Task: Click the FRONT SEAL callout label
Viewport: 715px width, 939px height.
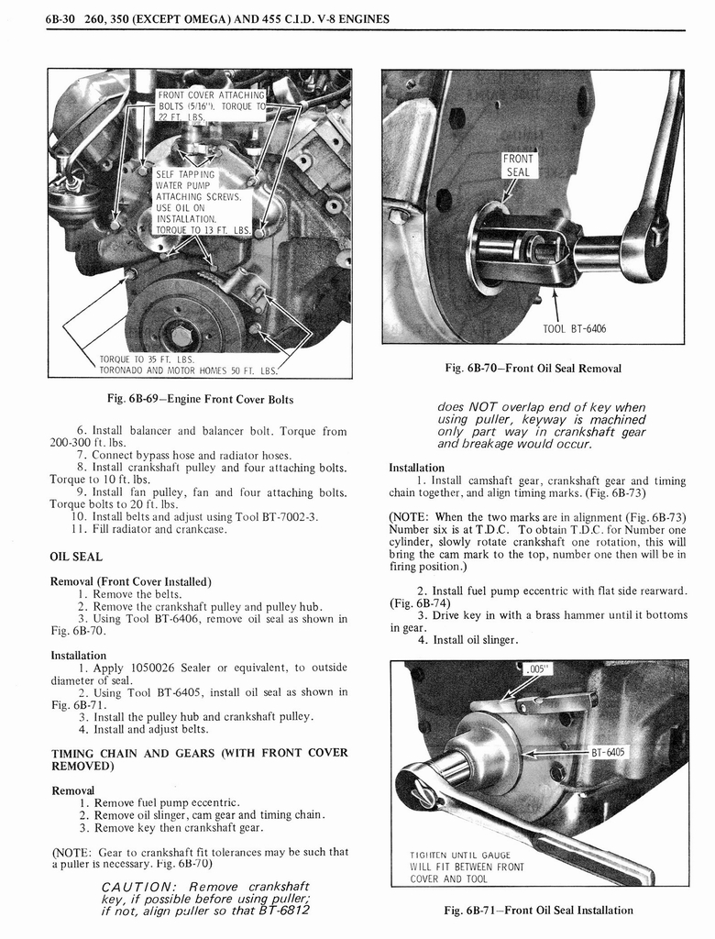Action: [x=518, y=165]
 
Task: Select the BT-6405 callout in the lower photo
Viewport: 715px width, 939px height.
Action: [x=607, y=752]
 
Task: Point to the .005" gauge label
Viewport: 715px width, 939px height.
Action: [x=537, y=668]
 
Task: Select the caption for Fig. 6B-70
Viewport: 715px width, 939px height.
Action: [x=533, y=369]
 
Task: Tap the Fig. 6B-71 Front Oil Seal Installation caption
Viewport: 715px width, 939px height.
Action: [x=538, y=910]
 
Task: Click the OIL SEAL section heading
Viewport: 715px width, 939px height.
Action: [x=76, y=557]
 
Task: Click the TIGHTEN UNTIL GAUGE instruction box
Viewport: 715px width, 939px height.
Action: [x=467, y=867]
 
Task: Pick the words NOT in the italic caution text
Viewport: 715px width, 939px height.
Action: [x=483, y=407]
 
